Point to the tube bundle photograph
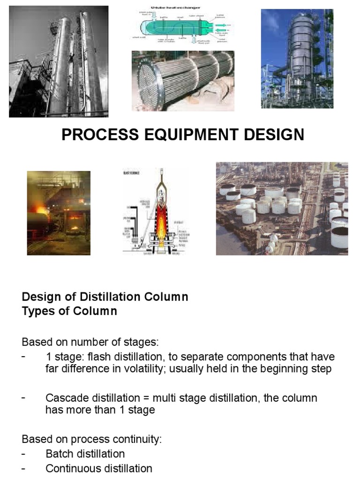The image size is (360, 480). tap(183, 81)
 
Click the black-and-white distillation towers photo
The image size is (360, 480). tap(59, 61)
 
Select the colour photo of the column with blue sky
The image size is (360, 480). tap(297, 59)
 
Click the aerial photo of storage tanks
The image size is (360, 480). tap(282, 209)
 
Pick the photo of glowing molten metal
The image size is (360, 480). tap(59, 213)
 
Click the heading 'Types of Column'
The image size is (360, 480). tap(69, 311)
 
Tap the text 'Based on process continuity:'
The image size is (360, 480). tap(91, 440)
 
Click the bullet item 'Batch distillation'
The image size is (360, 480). tap(85, 454)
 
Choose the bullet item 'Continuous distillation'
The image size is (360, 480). tap(99, 468)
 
